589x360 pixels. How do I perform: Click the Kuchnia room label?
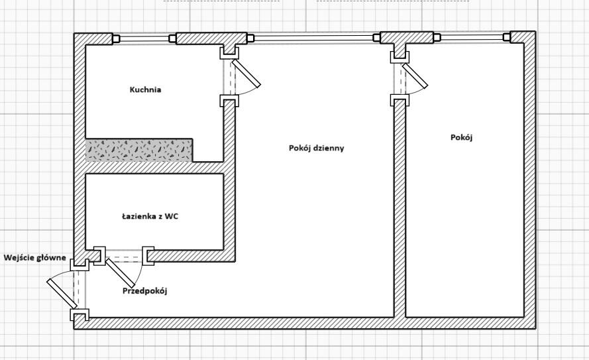[x=145, y=90]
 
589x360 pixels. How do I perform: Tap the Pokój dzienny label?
[x=317, y=148]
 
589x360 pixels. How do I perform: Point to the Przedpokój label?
[x=144, y=290]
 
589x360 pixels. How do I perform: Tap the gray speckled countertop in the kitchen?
[x=139, y=150]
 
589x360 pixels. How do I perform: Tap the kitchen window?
[x=144, y=38]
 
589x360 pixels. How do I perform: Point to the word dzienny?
[x=329, y=148]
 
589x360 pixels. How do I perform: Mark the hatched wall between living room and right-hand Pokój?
[x=400, y=212]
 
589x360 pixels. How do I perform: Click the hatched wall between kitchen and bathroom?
[x=156, y=168]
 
